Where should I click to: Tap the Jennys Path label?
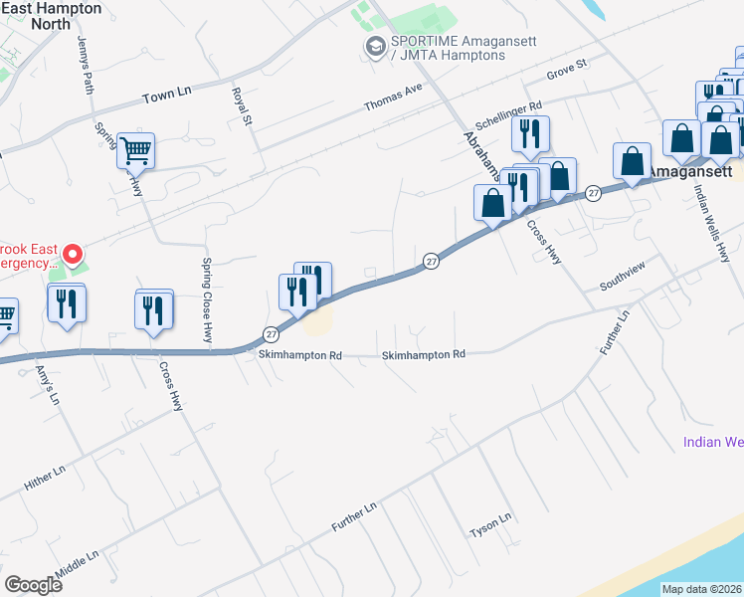86,66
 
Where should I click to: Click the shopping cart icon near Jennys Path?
136,151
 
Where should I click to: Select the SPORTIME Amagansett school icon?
375,46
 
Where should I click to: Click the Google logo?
33,584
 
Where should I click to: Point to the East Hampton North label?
52,15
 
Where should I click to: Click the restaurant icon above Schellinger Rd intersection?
530,134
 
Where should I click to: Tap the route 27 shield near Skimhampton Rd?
271,333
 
